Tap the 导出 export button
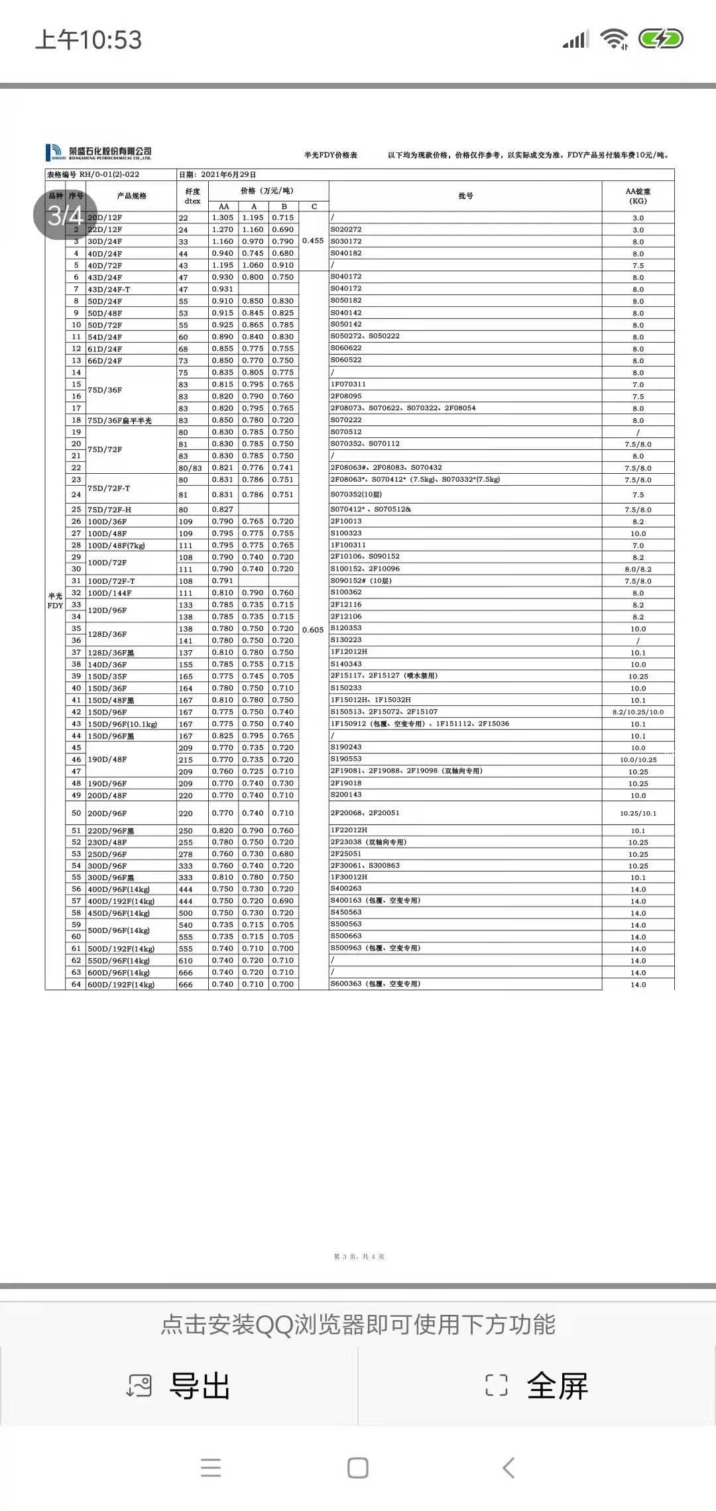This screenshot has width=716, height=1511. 179,1386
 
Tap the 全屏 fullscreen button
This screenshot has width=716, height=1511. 537,1386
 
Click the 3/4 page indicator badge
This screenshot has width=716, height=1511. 65,215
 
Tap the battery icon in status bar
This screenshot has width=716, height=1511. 660,39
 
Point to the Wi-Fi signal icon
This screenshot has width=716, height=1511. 614,39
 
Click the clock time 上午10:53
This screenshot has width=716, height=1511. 88,40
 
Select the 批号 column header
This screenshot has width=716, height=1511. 465,196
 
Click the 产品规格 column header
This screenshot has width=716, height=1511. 131,196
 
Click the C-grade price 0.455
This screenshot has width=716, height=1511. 313,241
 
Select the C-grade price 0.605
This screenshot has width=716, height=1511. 313,630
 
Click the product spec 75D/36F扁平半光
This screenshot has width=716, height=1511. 120,420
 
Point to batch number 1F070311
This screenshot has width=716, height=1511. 348,384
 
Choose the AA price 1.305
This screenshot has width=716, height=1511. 223,217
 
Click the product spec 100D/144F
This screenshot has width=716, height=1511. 110,593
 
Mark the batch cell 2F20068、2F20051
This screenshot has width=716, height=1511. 365,813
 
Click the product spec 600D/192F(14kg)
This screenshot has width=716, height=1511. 121,985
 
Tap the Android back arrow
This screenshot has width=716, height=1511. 508,1467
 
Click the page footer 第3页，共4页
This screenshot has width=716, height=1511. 359,1257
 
